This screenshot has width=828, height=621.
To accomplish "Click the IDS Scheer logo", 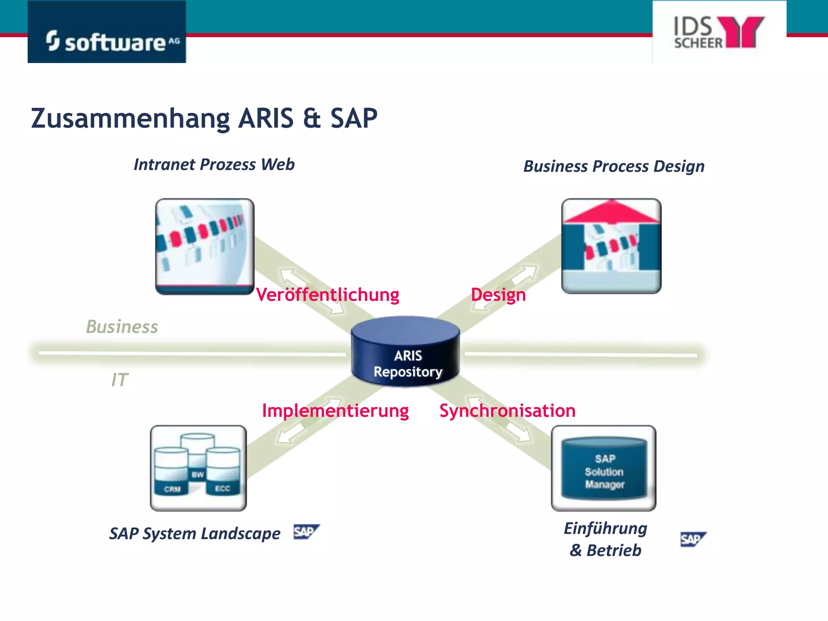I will click(x=719, y=32).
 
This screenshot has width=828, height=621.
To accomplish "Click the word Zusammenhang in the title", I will click(x=130, y=118).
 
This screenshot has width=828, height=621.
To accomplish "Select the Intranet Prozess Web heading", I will click(x=214, y=165).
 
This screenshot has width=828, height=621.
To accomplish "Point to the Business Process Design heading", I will click(x=614, y=166).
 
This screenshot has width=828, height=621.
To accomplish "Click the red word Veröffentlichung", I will click(x=327, y=294).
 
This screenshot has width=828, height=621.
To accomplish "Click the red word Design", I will click(x=498, y=294).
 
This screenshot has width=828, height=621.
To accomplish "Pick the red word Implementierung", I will click(x=335, y=410).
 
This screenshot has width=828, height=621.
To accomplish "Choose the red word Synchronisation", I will click(x=507, y=410).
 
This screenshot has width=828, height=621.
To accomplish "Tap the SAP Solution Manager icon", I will click(x=604, y=469).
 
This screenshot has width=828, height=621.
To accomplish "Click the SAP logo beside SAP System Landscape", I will click(x=306, y=532).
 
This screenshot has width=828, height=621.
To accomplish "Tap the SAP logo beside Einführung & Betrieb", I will click(x=693, y=539).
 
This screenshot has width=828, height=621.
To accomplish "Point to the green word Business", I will click(x=122, y=327).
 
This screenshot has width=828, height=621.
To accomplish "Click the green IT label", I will click(x=120, y=380).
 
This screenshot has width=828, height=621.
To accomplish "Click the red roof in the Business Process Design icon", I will click(x=611, y=212).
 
